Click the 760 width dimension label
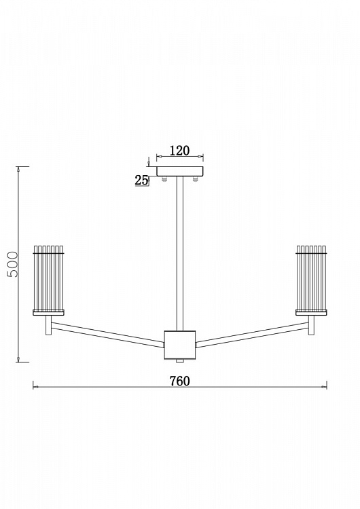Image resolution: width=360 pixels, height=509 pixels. point(180,381)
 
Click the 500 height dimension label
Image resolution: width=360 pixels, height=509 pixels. point(13,264)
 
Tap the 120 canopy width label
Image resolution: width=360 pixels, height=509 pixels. point(180,151)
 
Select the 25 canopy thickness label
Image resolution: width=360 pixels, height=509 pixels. point(141,180)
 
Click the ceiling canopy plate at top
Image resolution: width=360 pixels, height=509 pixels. point(180,172)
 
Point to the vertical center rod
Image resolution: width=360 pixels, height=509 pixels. point(180,254)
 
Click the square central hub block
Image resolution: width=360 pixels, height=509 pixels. point(180,345)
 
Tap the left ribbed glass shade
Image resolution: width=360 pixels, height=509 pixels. point(49,278)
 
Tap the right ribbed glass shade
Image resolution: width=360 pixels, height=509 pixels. point(311,278)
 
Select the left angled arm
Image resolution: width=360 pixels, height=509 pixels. point(108,335)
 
